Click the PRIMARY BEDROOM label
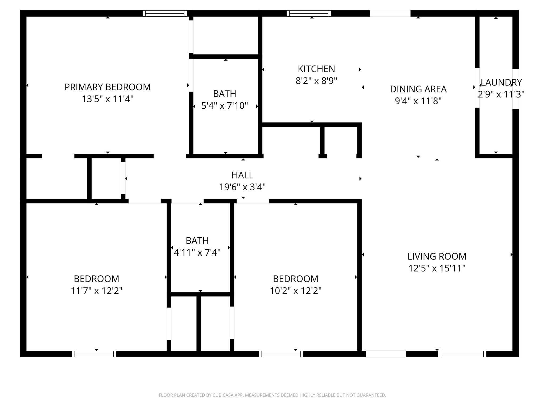point(108,87)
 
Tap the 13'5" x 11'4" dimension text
point(108,99)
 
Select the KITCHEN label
point(316,69)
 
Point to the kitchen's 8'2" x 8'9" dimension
point(316,81)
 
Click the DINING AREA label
point(418,89)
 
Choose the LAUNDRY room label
point(501,83)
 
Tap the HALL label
point(242,175)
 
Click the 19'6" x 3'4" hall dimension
point(242,187)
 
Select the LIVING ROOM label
point(437,256)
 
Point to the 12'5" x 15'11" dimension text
point(437,268)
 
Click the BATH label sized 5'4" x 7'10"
point(225,94)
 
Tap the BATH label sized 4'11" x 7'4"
point(197,241)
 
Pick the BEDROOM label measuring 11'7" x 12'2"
point(96,279)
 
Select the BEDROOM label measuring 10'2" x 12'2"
point(295,279)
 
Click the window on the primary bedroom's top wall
point(165,13)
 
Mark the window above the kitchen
point(309,13)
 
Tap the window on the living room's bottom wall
point(462,354)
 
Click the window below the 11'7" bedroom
point(94,354)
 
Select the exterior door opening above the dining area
point(390,13)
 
